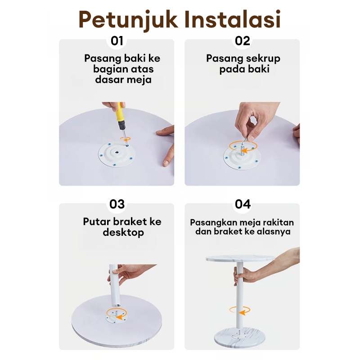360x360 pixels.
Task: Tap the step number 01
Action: point(117,41)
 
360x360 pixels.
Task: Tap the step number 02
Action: point(242,41)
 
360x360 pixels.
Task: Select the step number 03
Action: point(117,204)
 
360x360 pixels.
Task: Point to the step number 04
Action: point(243,204)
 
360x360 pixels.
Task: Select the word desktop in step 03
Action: point(123,233)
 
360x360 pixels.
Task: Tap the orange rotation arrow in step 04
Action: point(240,310)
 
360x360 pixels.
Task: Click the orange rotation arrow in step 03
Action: point(116,314)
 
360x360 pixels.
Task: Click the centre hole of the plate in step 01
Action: point(117,152)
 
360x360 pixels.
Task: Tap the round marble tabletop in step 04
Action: point(240,259)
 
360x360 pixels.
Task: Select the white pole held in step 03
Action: point(114,285)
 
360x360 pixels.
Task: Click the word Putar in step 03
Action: point(96,222)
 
